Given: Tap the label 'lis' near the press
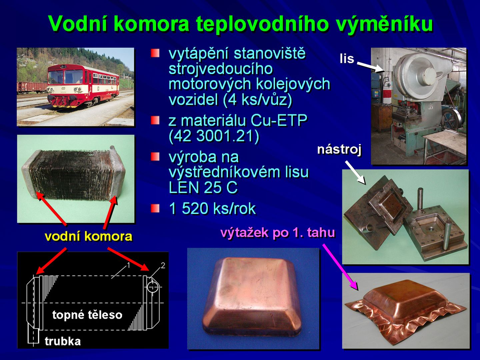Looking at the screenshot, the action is point(347,59).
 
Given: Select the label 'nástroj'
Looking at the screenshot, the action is point(339,150).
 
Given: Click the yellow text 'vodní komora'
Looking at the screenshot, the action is point(89,236).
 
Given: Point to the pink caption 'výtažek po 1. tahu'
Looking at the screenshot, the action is point(278,232).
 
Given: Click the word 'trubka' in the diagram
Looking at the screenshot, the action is point(63,341).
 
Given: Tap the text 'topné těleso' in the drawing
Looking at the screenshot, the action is point(87,315).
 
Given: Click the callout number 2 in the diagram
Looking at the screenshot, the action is point(163,265).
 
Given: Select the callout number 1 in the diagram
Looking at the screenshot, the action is point(129,265).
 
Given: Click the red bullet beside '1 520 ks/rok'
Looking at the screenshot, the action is point(155,208).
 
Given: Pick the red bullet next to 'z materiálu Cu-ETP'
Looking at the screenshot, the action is point(155,120).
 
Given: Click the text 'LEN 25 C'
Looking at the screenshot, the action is point(203,188).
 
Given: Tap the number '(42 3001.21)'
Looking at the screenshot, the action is point(214,136).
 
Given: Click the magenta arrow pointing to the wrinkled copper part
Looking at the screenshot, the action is point(340,267).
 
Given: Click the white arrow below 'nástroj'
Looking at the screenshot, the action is point(355,172).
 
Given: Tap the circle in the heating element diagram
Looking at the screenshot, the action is point(153,287).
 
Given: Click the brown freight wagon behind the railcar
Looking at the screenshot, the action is point(32,87).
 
